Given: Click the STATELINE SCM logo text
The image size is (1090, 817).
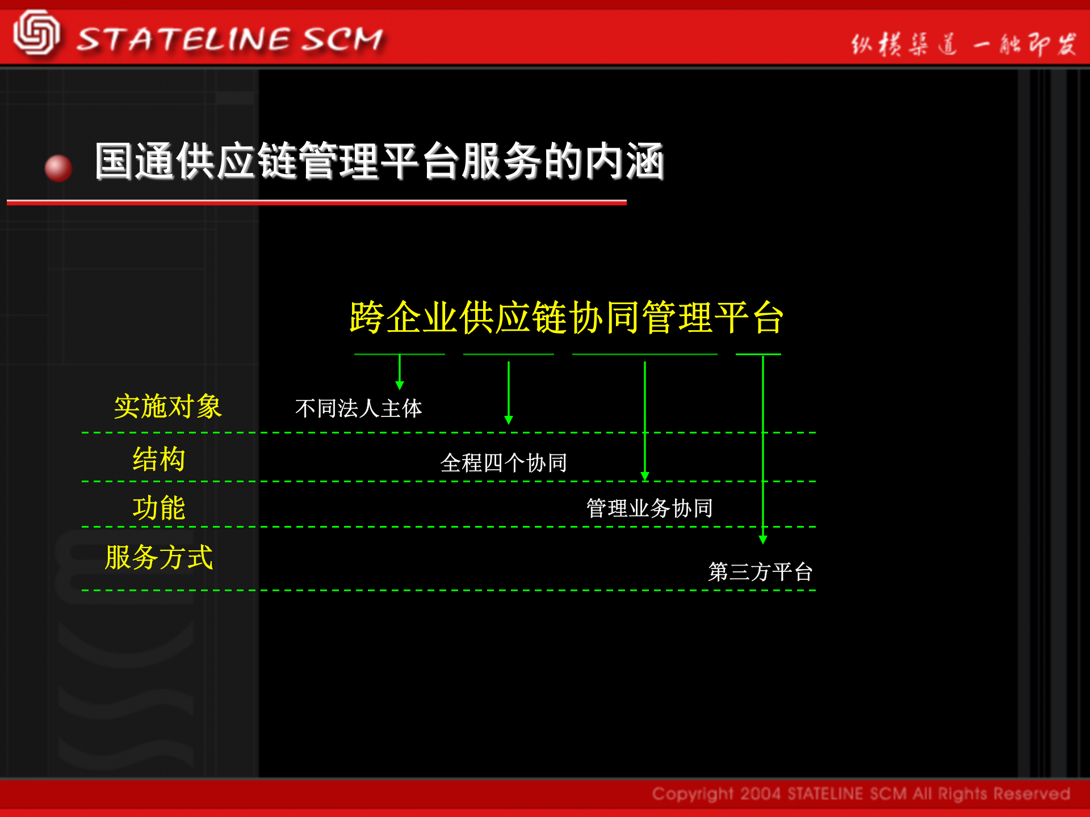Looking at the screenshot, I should pos(230,40).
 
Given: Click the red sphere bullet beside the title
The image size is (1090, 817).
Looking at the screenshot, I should pos(58,168).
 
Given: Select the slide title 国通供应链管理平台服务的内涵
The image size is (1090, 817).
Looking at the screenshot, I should pos(379,162).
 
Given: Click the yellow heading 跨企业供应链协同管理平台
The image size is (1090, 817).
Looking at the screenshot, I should pos(567,318).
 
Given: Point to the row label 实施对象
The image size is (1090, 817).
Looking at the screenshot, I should pos(167,407).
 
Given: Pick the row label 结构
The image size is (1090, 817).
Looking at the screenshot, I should pos(159,459).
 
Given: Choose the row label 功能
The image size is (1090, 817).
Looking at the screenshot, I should pos(159,508).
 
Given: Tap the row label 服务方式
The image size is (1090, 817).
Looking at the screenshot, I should pos(159,557).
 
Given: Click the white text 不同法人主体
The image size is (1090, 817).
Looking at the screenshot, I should pos(359,408).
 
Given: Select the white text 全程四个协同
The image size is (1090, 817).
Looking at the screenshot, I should pos(504,463).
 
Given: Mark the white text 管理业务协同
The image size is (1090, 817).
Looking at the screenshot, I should pos(649,508).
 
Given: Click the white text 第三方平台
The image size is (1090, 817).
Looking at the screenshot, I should pos(760,572).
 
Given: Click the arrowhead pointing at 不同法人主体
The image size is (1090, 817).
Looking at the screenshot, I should pos(400,386).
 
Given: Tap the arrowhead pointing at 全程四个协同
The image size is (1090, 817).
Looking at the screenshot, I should pos(509,420).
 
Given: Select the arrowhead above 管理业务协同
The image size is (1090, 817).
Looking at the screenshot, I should pos(645,476).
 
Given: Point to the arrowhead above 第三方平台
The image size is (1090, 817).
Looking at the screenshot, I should pos(763,540).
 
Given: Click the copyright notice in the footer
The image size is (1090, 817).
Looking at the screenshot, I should pos(861,794).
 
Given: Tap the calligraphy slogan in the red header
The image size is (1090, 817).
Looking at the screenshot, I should pos(963,44).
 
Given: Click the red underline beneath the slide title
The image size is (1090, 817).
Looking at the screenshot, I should pos(317,202).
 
